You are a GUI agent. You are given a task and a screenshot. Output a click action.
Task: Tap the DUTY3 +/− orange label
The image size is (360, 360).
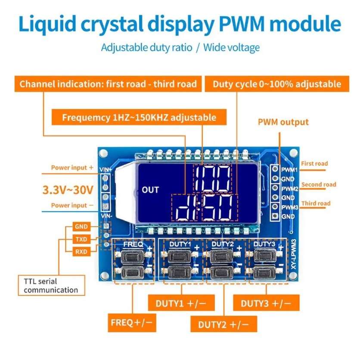266,303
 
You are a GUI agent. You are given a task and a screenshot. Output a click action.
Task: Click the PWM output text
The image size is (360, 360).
283,122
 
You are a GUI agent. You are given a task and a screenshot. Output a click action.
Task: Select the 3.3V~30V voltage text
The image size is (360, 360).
68,189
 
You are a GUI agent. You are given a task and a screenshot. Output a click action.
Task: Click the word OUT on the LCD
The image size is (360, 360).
150,189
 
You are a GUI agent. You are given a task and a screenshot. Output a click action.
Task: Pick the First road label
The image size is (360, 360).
314,164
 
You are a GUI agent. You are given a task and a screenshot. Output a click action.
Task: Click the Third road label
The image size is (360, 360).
316,203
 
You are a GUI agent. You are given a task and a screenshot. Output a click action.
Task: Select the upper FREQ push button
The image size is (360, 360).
130,257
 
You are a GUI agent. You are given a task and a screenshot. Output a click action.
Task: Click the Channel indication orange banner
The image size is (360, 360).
108,84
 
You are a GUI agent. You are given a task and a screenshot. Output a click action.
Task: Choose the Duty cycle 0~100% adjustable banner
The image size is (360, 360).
277,84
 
